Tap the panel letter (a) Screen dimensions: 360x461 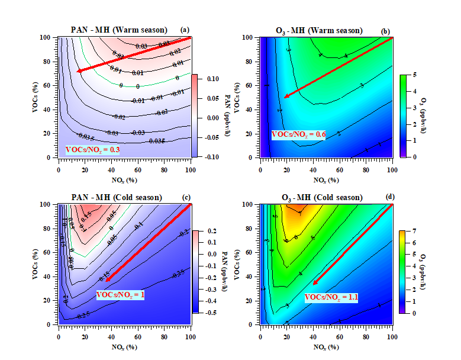pos(185,30)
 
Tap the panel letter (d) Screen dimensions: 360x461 pos(388,197)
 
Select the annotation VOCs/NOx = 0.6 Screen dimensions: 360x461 pos(299,134)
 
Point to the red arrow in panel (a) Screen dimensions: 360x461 pos(134,54)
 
